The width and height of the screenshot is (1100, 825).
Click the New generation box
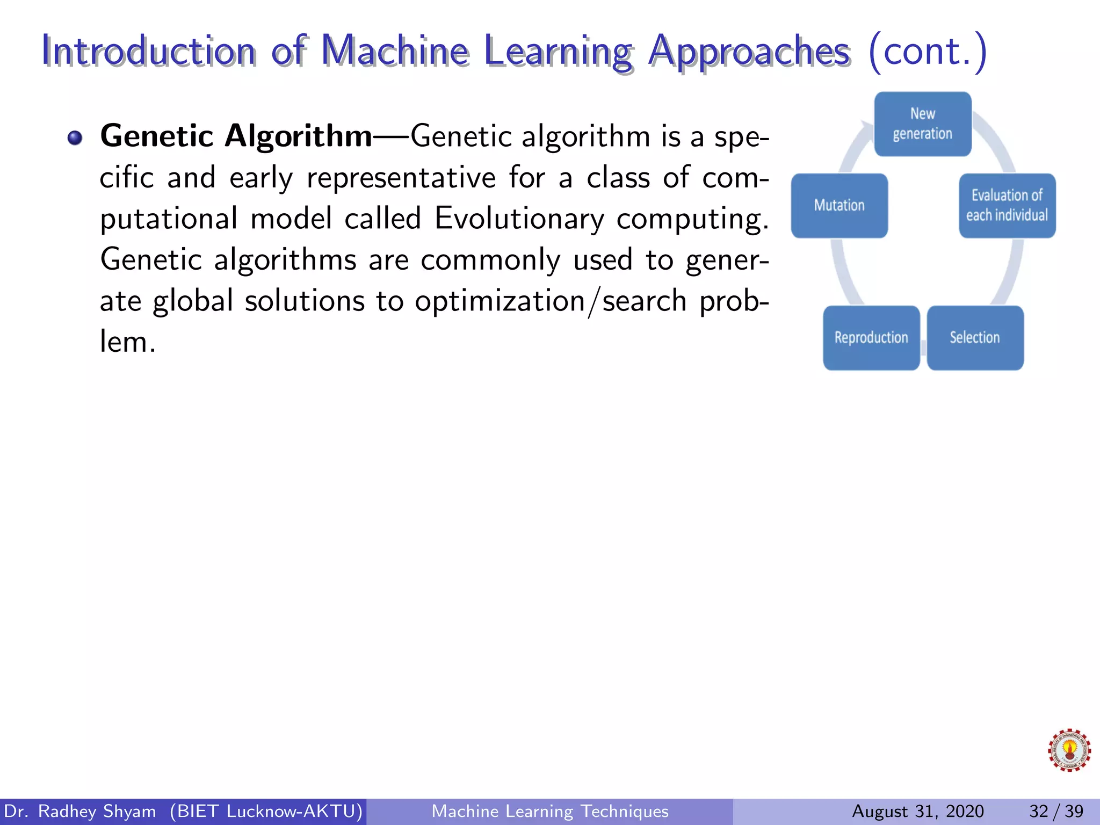click(922, 124)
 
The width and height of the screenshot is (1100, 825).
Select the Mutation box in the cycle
click(839, 205)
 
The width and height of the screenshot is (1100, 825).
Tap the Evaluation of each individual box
click(1007, 205)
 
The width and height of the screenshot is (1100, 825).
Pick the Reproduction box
click(871, 337)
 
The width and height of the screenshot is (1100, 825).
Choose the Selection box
click(974, 337)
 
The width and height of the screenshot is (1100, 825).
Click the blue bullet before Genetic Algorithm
click(75, 138)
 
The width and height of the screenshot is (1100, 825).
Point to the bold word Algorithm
click(298, 136)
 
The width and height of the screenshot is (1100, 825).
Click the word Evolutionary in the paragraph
click(519, 219)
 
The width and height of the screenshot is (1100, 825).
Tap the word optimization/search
click(550, 301)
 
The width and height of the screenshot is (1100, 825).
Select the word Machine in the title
click(395, 51)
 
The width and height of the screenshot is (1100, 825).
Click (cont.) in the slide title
click(927, 51)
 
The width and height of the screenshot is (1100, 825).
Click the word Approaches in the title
click(749, 52)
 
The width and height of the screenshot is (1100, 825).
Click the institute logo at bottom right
click(1069, 750)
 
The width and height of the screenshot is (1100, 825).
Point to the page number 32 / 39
click(1056, 811)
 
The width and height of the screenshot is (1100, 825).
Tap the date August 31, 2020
click(917, 811)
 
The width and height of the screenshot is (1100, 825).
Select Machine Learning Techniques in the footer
click(550, 811)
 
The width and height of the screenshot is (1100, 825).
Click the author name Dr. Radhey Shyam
click(79, 811)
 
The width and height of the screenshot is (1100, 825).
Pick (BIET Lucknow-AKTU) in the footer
click(266, 811)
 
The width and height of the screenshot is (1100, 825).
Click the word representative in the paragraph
click(401, 178)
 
